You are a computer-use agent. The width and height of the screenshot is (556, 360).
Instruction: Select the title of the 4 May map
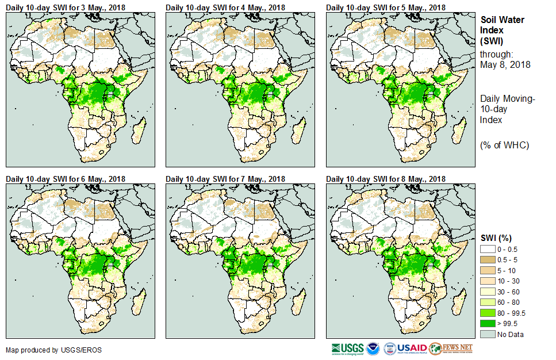point(225,7)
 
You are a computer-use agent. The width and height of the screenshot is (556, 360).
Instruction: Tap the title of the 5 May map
point(386,7)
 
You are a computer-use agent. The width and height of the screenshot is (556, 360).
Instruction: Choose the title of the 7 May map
point(225,179)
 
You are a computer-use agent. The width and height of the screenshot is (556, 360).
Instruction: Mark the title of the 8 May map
point(386,179)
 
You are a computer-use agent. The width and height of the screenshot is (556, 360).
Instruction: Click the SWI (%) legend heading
point(496,238)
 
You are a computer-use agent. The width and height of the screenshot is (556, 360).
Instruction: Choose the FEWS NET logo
point(451,348)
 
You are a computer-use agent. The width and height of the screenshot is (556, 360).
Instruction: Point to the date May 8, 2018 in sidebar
point(505,64)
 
